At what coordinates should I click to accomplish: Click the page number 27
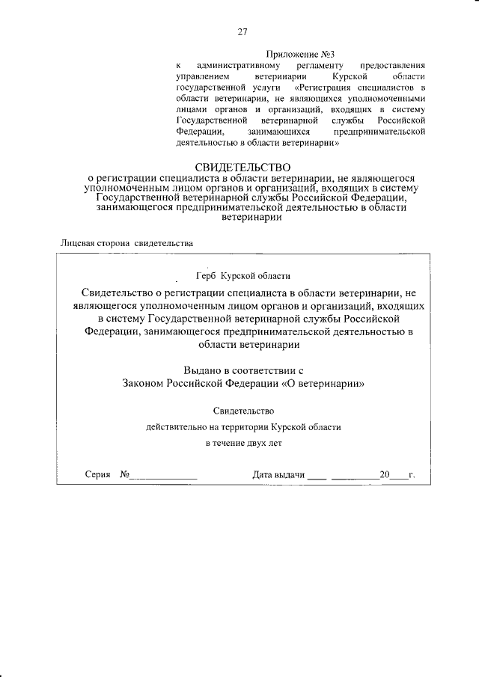pyautogui.click(x=242, y=31)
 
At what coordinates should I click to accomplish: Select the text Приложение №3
pyautogui.click(x=299, y=54)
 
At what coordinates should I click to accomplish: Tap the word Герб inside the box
pyautogui.click(x=206, y=276)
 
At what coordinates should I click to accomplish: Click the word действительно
pyautogui.click(x=177, y=427)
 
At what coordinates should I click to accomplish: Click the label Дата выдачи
pyautogui.click(x=279, y=475)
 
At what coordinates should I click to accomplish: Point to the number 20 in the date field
pyautogui.click(x=385, y=475)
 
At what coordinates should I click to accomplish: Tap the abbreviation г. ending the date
pyautogui.click(x=412, y=475)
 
